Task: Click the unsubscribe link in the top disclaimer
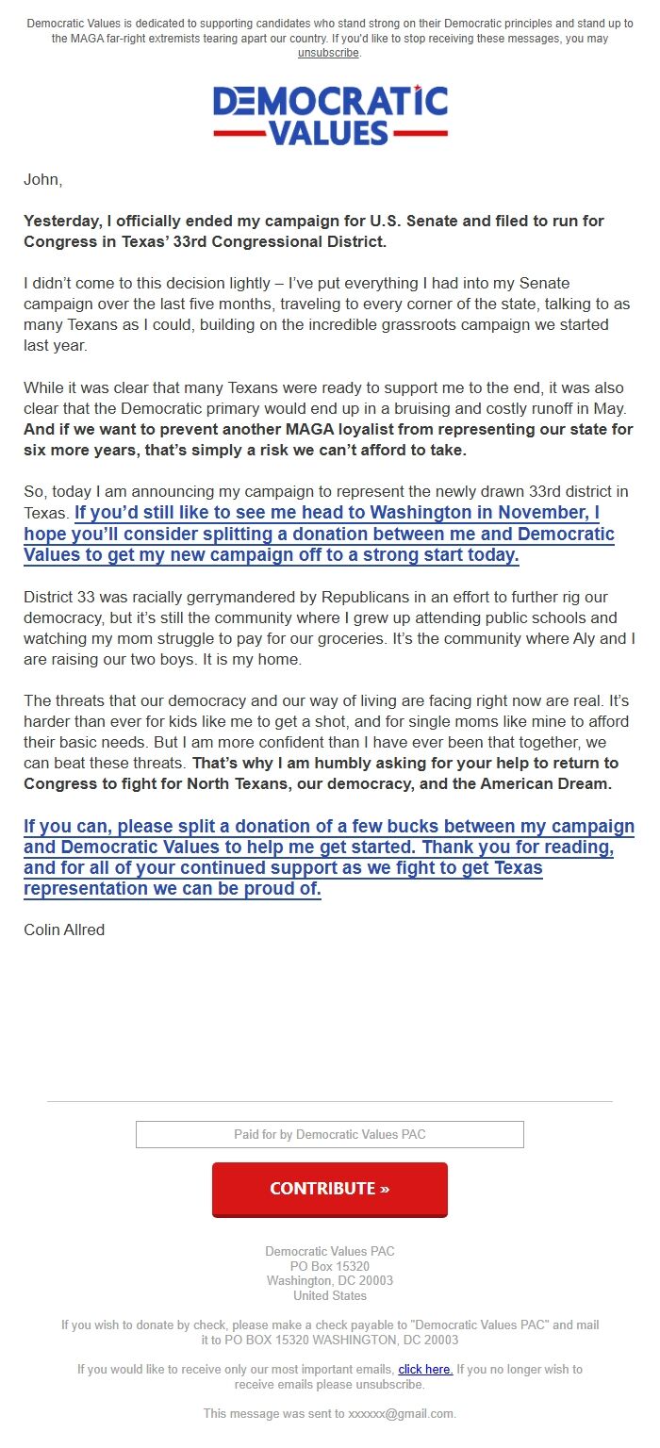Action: (x=328, y=53)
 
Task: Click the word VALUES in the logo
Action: (x=329, y=132)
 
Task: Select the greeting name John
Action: (x=42, y=180)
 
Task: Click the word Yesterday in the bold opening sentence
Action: (x=62, y=221)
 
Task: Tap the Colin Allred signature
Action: (x=64, y=930)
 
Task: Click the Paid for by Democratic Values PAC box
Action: (x=329, y=1134)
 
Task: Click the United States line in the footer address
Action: (x=329, y=1295)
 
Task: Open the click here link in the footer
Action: (x=425, y=1369)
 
